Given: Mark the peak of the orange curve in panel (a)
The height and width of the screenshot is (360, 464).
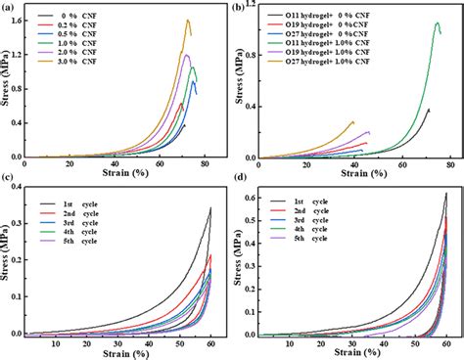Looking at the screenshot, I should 188,20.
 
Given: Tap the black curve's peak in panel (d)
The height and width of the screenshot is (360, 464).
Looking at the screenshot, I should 446,194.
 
